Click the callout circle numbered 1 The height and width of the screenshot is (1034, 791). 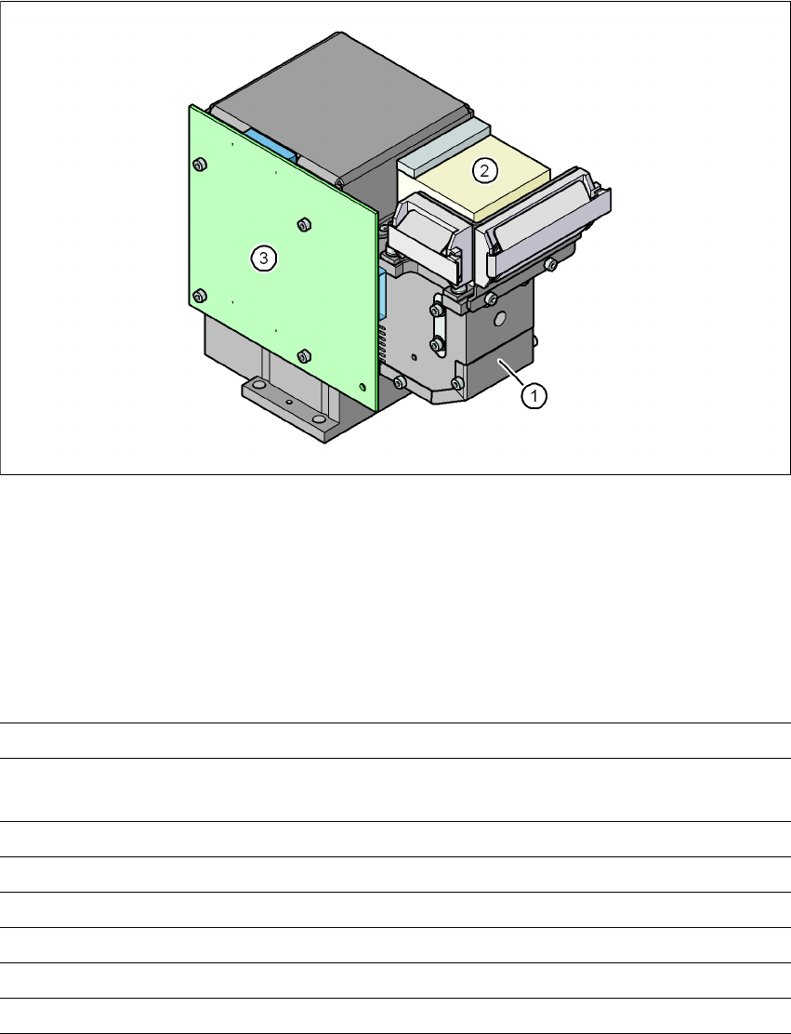coord(534,396)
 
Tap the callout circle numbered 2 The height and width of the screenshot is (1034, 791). coord(484,171)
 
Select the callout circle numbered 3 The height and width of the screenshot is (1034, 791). coord(264,258)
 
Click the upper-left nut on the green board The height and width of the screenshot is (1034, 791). coord(198,164)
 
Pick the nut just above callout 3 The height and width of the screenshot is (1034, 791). coord(303,224)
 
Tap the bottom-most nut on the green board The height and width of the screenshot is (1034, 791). coord(303,356)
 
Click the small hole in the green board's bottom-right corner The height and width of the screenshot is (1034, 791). coord(362,386)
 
